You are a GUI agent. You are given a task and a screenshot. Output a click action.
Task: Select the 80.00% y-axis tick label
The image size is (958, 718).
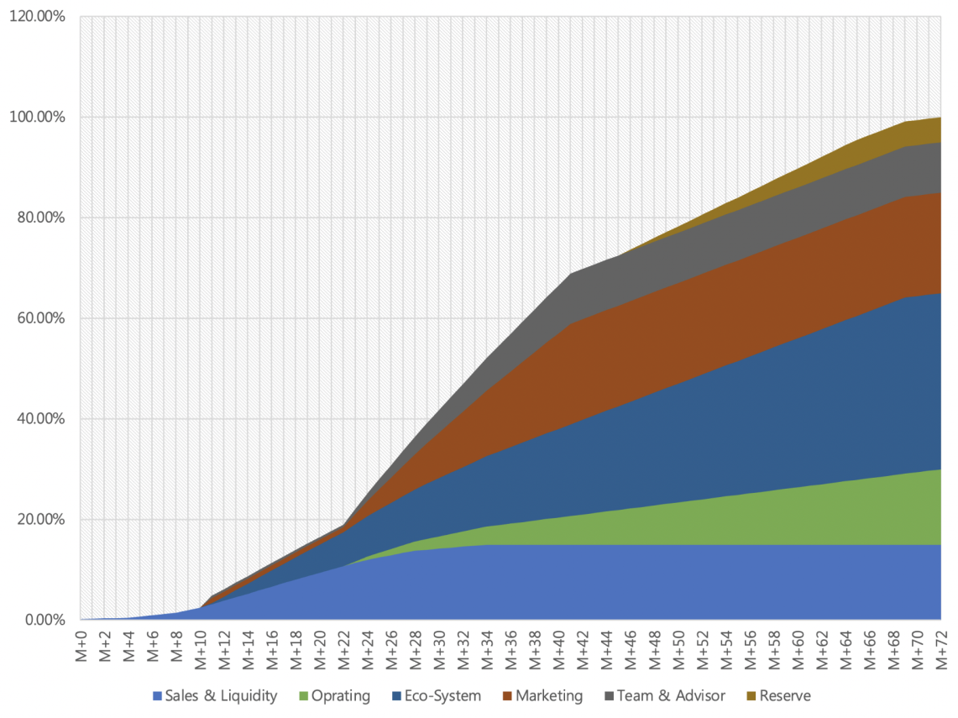39,217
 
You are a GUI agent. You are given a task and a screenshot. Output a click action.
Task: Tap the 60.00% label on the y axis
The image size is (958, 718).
39,318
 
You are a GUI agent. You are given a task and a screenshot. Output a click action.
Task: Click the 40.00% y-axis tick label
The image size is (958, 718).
39,419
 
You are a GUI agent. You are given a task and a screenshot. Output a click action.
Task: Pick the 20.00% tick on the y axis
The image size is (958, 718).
39,520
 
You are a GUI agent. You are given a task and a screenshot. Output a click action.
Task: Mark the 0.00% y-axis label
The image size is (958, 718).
41,621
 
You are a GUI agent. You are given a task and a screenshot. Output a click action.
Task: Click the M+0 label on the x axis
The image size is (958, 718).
81,649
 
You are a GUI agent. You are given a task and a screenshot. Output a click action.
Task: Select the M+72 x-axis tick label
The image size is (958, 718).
941,649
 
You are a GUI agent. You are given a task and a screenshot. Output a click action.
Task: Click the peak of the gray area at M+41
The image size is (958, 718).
571,274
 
